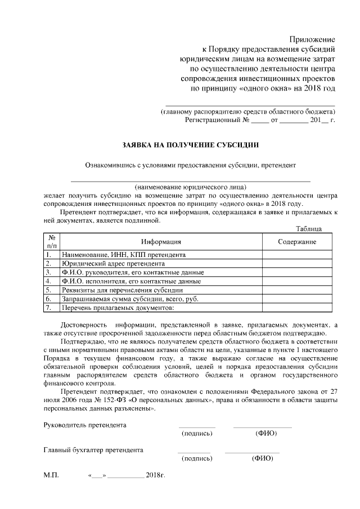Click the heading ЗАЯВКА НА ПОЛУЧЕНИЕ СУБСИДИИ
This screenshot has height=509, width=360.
pyautogui.click(x=191, y=145)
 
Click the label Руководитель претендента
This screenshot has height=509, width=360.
pyautogui.click(x=85, y=425)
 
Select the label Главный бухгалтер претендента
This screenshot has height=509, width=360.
pyautogui.click(x=93, y=450)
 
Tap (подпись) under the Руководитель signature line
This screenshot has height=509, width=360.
pyautogui.click(x=197, y=434)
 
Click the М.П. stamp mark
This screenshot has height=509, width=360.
pyautogui.click(x=51, y=475)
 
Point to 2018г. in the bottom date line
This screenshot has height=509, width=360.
pyautogui.click(x=155, y=475)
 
